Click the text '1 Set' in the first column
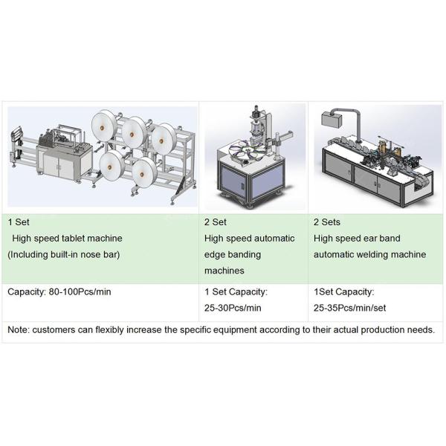(19, 222)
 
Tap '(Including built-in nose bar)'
(63, 255)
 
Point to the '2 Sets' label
(329, 222)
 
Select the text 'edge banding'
(230, 255)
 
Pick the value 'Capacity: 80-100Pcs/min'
(59, 292)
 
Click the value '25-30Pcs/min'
(232, 308)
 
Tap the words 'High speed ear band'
(357, 239)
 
